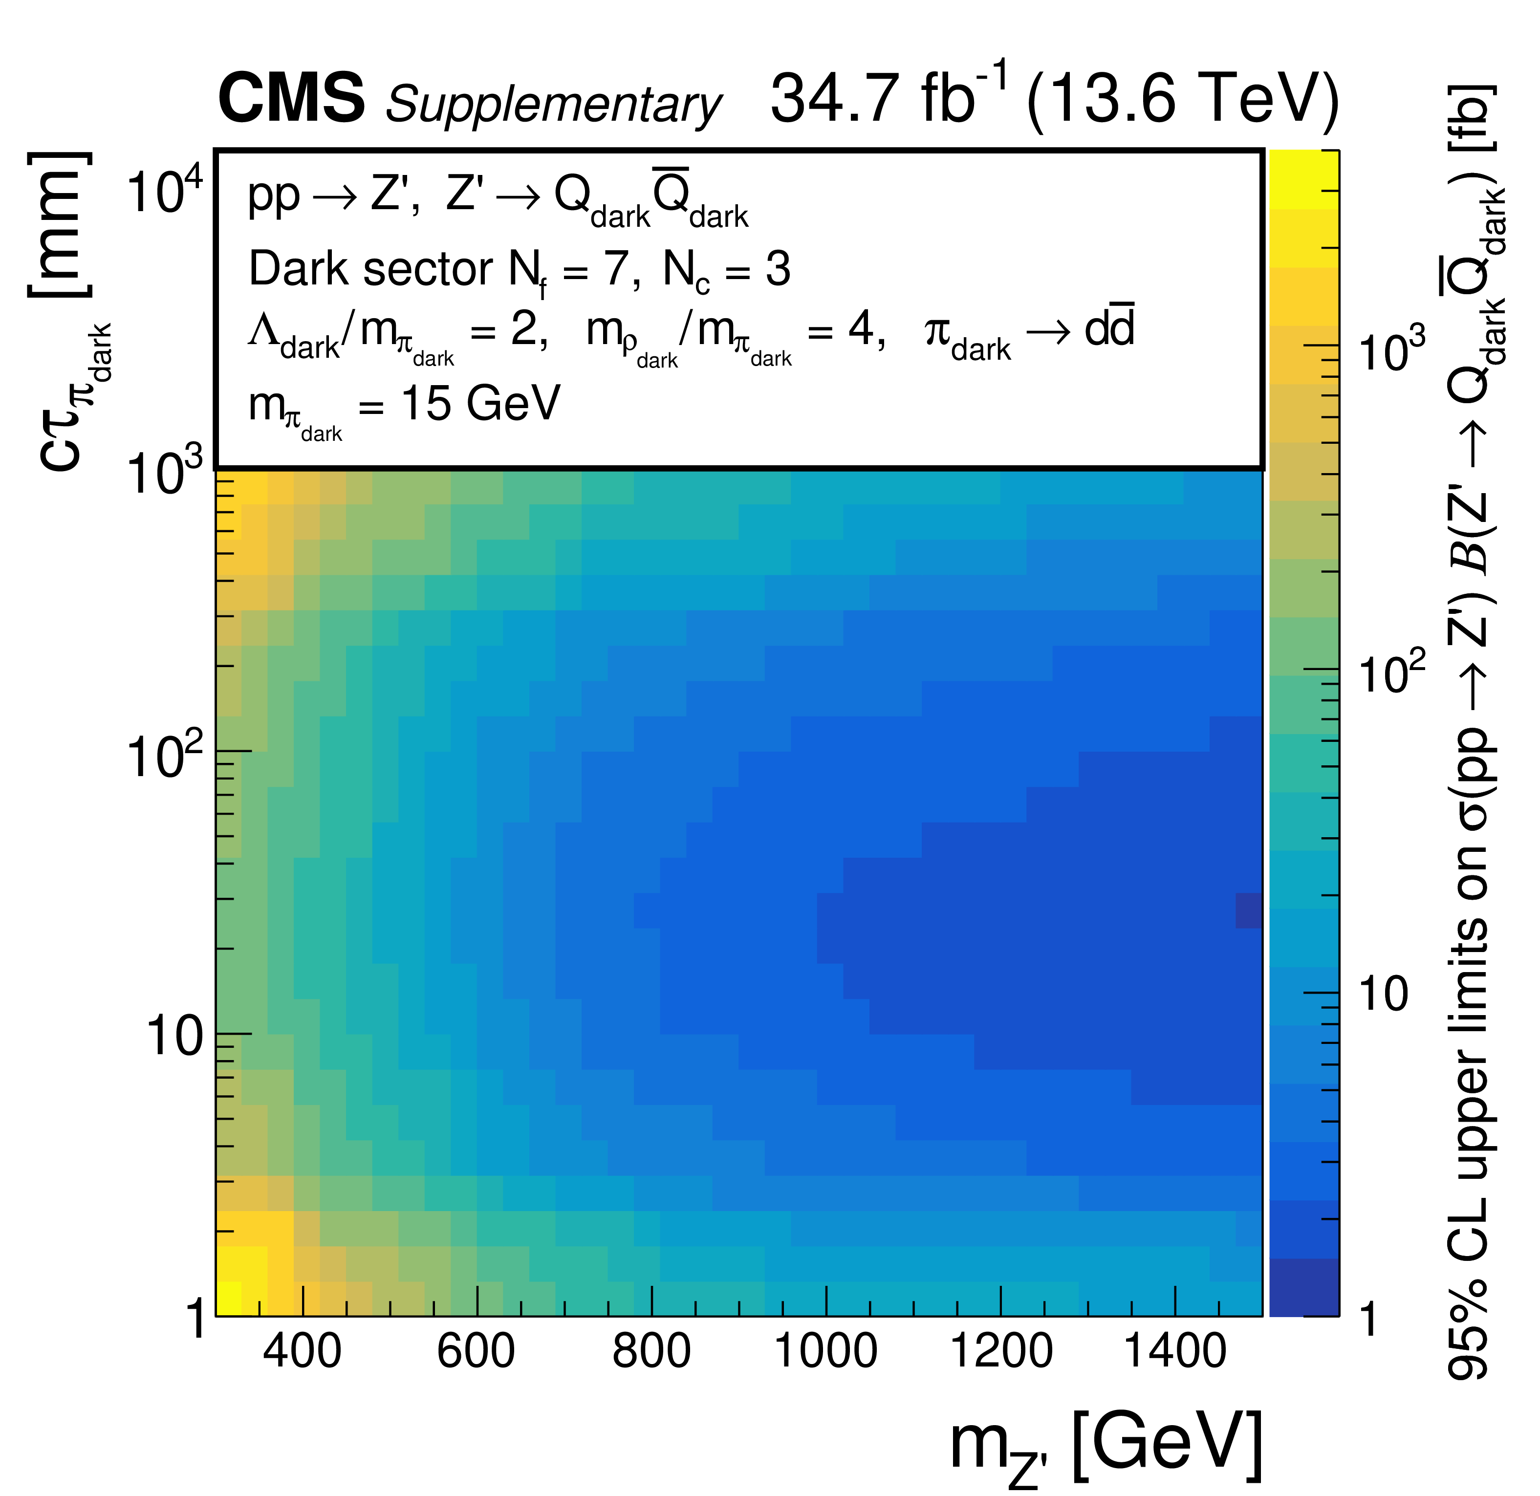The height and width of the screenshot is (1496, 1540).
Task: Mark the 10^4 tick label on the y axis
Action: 165,191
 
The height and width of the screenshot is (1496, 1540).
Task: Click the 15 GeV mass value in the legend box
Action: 480,404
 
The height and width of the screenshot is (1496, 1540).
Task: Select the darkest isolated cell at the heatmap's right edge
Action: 1249,910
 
